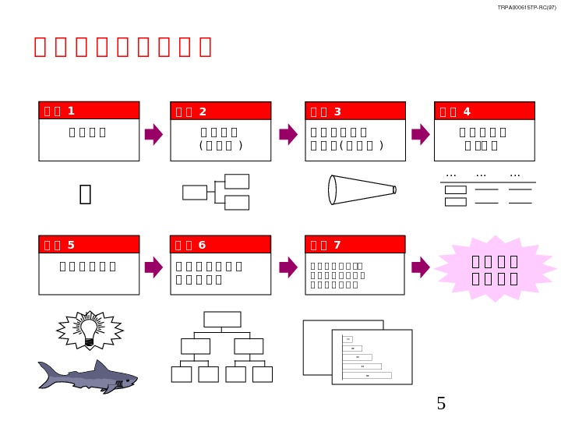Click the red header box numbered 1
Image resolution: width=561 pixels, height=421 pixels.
(x=89, y=111)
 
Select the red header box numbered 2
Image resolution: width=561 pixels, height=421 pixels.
(x=221, y=111)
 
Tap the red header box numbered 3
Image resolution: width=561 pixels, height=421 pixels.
(x=355, y=111)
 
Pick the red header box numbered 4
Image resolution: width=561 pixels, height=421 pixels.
(x=484, y=111)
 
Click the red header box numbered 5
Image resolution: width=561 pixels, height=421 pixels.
(x=89, y=245)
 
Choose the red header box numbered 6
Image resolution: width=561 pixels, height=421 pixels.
(x=221, y=245)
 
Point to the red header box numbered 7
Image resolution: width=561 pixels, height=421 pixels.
(x=355, y=245)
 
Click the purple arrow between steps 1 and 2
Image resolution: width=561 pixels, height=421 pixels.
(x=154, y=134)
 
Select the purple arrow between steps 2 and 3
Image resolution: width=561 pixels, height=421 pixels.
(x=288, y=134)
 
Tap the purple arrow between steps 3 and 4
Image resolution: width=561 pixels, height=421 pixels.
(x=421, y=134)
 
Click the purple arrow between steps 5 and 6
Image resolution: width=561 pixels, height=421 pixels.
(x=154, y=267)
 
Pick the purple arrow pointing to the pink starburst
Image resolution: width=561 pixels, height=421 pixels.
(x=421, y=267)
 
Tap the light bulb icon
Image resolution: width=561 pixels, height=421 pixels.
(x=90, y=330)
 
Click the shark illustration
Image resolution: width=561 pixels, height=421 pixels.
(x=87, y=377)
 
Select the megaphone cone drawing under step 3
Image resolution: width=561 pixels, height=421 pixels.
(x=362, y=189)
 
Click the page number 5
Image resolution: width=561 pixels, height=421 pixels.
(x=441, y=404)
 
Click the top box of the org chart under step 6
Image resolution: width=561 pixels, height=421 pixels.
(x=222, y=319)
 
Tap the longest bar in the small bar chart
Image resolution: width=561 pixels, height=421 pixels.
(x=367, y=375)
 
